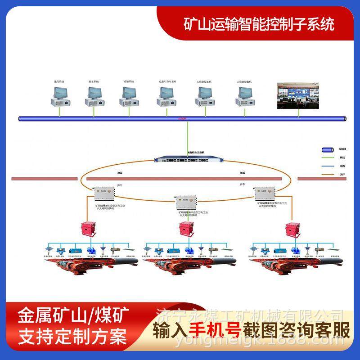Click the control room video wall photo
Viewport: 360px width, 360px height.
[299, 95]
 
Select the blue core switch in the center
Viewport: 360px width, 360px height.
[186, 159]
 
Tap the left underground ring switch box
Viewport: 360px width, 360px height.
[103, 194]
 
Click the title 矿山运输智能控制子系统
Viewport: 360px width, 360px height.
[260, 24]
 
